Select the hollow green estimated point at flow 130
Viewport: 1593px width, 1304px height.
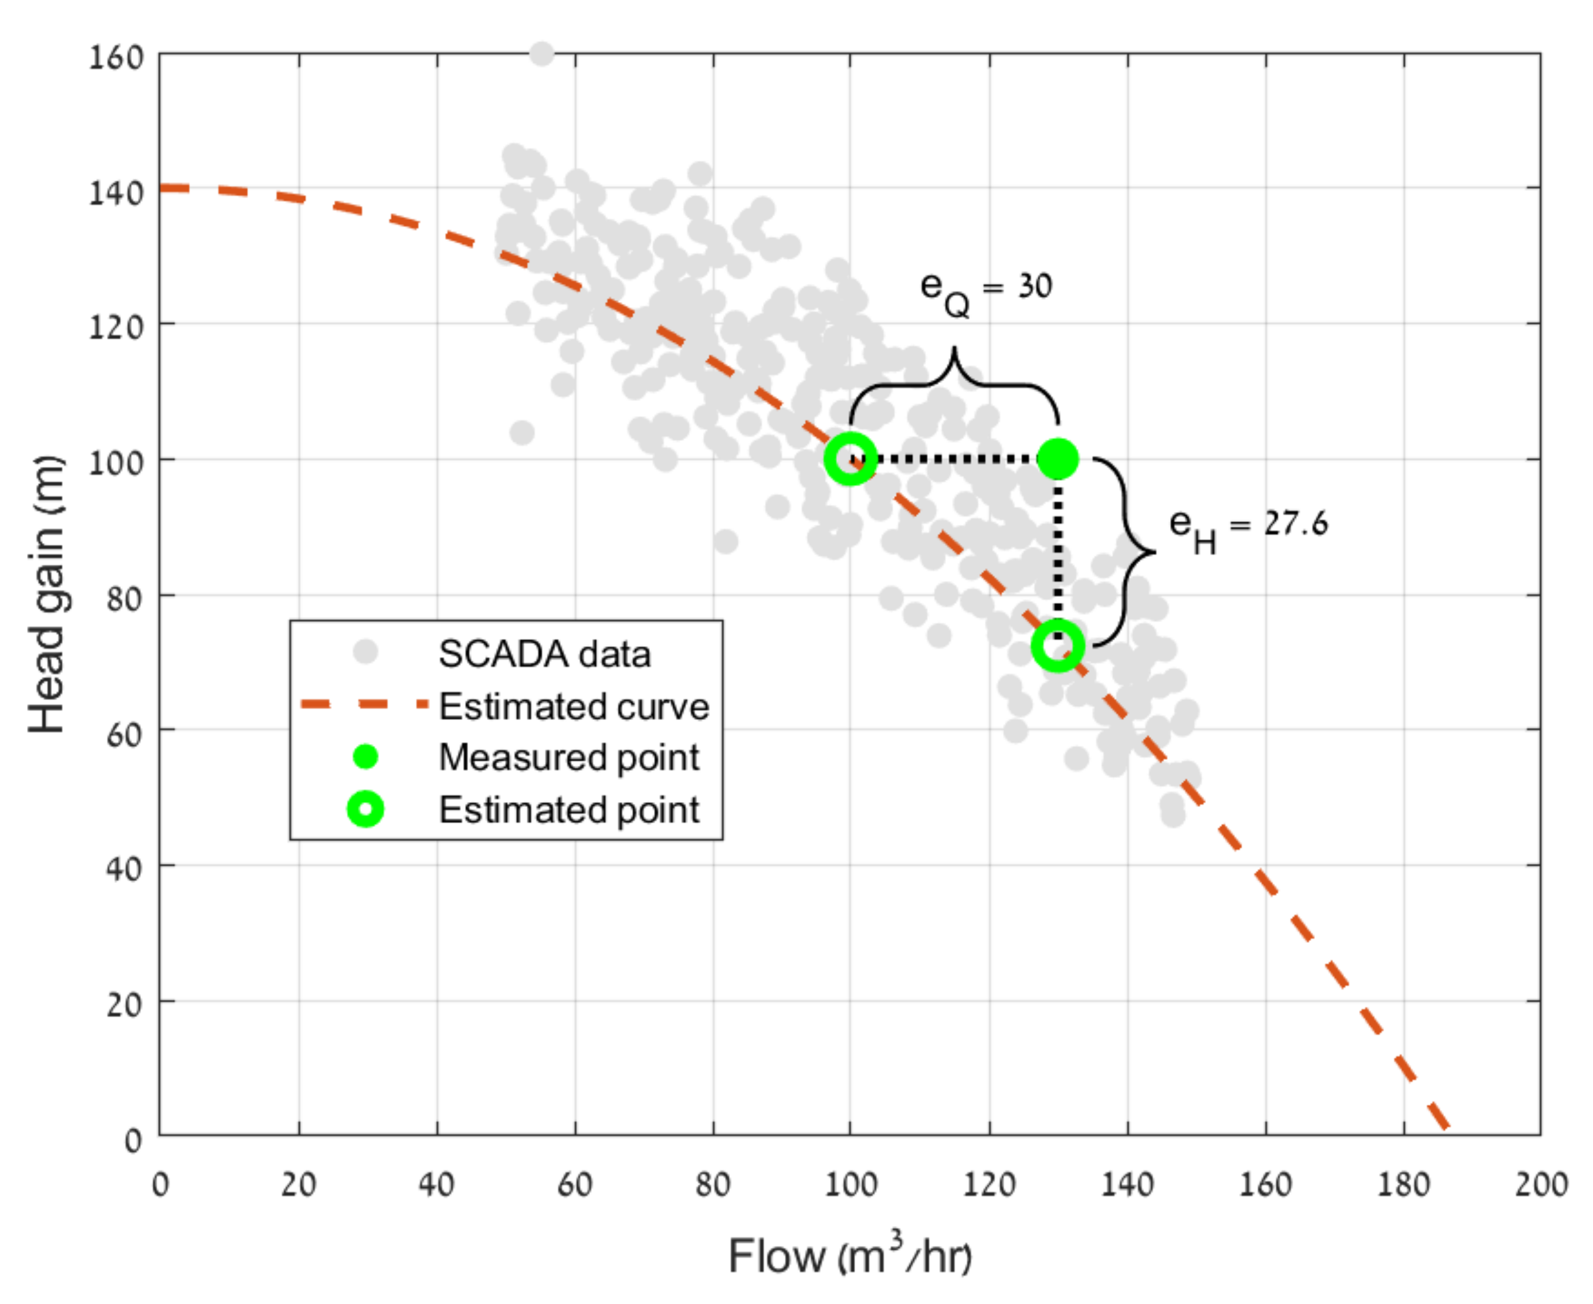1058,646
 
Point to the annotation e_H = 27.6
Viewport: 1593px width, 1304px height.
1248,527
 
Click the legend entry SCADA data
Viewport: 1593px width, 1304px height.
544,654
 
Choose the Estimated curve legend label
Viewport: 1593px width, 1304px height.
574,706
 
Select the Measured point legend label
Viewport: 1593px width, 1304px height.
569,757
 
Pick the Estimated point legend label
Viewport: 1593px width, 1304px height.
569,810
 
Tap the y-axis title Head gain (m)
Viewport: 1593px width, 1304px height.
46,593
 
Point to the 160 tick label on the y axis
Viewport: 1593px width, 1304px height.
116,57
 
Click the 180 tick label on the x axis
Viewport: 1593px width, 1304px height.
1403,1184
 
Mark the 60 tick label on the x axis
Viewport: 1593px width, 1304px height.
575,1184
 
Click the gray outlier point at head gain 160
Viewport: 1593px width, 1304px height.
541,54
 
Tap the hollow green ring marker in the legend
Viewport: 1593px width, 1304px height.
365,810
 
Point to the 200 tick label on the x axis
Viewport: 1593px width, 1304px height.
1540,1184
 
